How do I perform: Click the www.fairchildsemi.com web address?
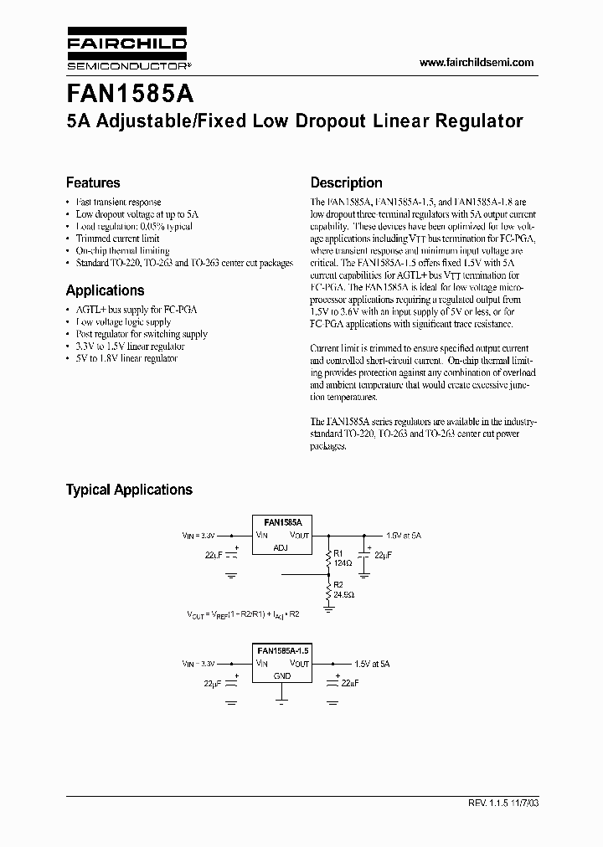[476, 63]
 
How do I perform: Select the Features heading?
[93, 182]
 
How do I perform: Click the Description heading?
[346, 182]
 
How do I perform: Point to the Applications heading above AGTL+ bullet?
[105, 290]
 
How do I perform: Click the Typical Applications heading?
[129, 490]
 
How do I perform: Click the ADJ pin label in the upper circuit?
[281, 548]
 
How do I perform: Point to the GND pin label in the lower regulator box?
[281, 675]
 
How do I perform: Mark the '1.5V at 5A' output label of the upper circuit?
[404, 534]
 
